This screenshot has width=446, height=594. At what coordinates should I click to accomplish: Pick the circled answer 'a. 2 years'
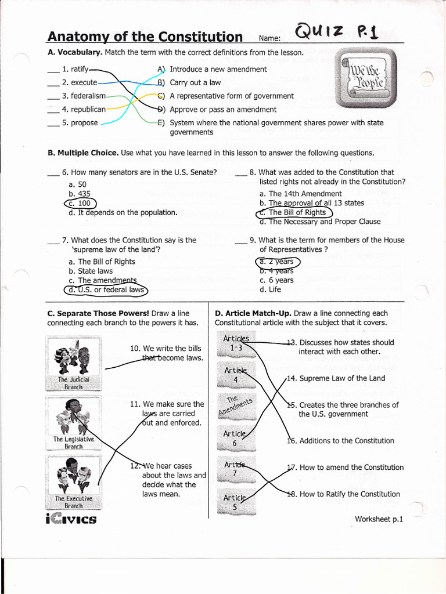[x=277, y=262]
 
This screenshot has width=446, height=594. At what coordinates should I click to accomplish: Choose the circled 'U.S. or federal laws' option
[x=107, y=289]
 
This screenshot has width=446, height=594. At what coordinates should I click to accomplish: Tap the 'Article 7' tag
[x=235, y=469]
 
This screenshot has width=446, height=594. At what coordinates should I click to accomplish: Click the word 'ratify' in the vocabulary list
[x=80, y=69]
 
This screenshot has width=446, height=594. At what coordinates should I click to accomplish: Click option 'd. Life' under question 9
[x=271, y=289]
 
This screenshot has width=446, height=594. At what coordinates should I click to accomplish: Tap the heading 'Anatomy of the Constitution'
[x=145, y=37]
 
